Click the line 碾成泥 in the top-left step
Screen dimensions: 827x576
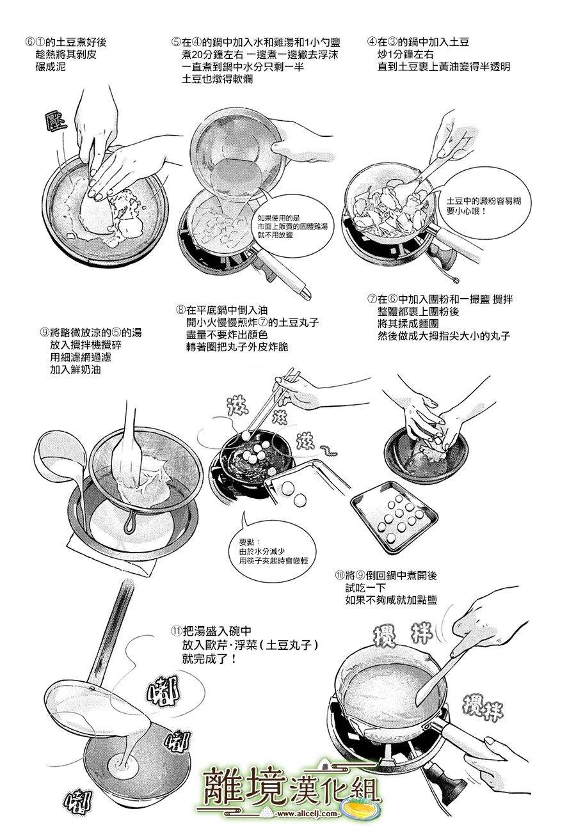56,67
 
